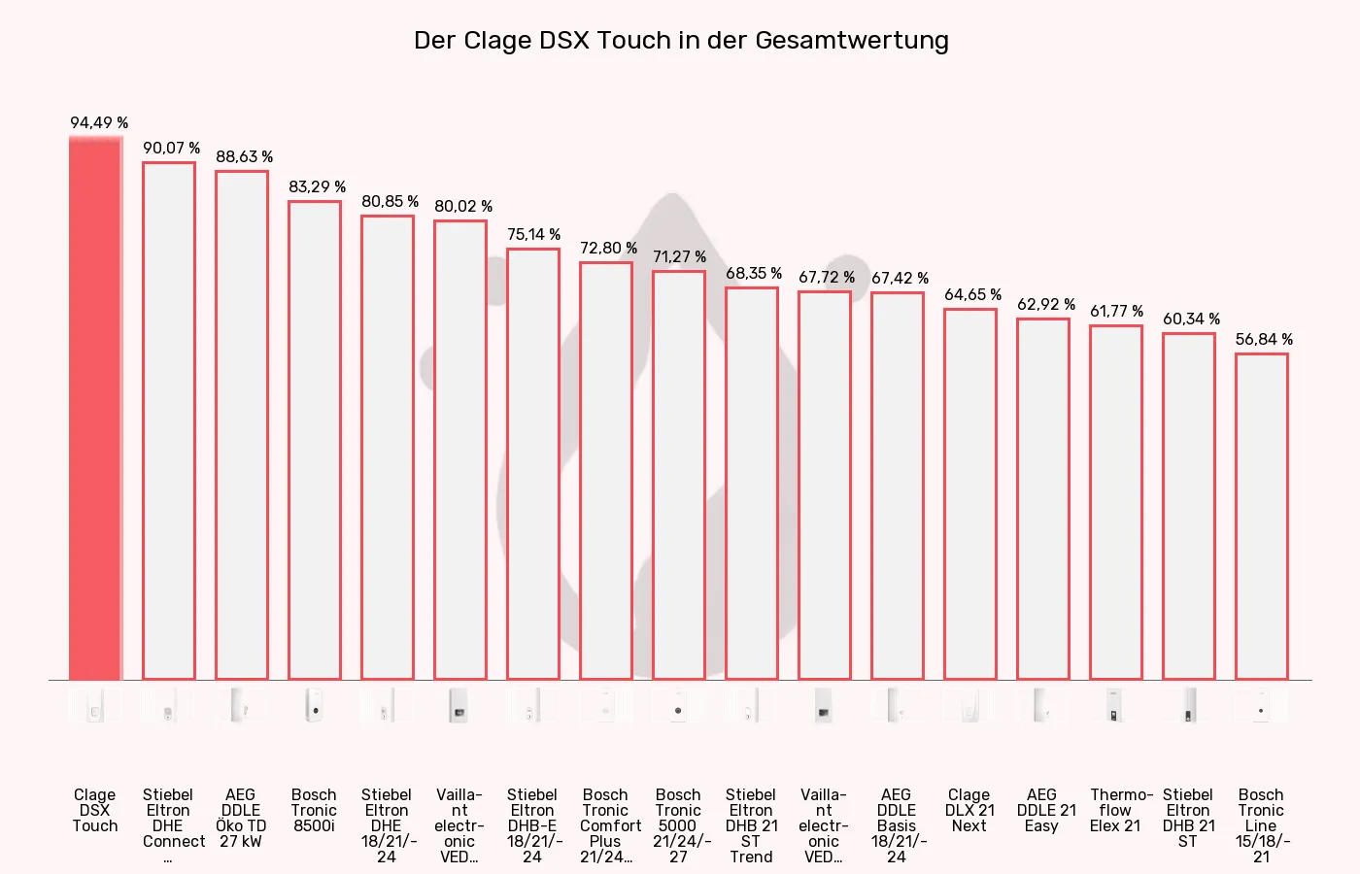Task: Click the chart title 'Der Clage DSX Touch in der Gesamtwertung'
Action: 680,41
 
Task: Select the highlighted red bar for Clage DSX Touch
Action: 95,408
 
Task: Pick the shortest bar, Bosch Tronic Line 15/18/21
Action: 1261,516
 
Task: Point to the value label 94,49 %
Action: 99,122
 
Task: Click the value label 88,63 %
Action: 244,156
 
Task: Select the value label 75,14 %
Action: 533,234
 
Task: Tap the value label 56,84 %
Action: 1264,339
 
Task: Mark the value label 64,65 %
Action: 972,294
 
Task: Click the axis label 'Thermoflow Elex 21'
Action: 1116,810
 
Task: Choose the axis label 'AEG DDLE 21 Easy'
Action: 1043,810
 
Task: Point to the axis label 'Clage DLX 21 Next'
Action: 969,810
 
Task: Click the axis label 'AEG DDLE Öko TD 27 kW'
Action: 241,818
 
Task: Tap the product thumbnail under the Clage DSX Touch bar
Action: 95,706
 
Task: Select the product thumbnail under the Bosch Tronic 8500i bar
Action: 314,706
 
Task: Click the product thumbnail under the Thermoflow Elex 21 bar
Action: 1115,706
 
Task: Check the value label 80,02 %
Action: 463,206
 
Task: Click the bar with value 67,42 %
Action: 897,486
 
